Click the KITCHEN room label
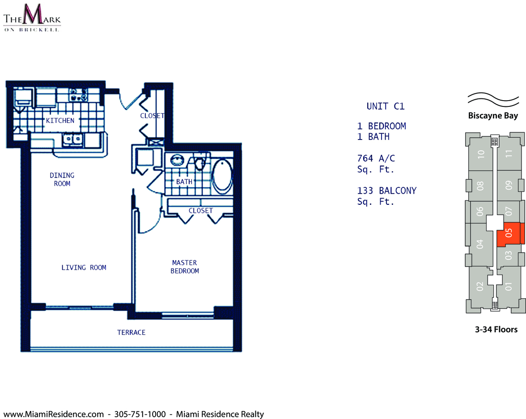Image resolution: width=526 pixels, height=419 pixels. tap(60, 120)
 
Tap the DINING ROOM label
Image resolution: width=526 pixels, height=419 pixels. tap(62, 179)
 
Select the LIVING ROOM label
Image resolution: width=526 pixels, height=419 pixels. tap(84, 267)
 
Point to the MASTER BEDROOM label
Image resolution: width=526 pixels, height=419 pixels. tap(184, 267)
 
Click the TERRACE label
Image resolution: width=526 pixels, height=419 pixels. tap(131, 332)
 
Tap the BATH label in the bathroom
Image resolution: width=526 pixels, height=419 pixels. tap(184, 182)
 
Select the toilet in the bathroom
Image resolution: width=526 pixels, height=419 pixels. tap(200, 162)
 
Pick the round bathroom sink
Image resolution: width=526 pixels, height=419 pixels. tap(177, 160)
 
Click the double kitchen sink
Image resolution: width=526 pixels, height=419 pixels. tap(73, 139)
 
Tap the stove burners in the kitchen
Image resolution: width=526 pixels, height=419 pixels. tap(79, 95)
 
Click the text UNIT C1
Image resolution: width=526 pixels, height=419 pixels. tap(386, 106)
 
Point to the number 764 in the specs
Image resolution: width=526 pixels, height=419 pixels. tap(365, 158)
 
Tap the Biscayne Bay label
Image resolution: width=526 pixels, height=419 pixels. tap(493, 116)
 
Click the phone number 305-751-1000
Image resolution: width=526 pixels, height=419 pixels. tap(140, 414)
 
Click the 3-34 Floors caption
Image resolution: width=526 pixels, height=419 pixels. tap(496, 330)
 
